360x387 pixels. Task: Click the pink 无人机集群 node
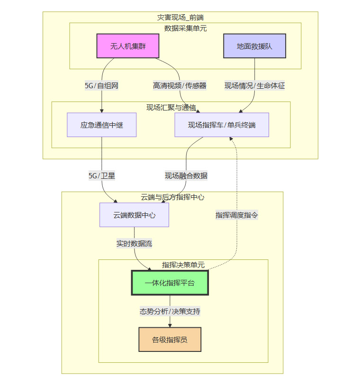pos(127,46)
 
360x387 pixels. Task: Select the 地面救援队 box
pos(254,46)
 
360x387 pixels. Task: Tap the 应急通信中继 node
pos(101,125)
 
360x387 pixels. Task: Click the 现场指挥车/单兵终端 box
pos(222,125)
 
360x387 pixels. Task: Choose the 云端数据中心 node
pos(134,215)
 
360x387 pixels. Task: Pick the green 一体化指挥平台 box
pos(170,283)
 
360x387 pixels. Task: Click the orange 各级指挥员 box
pos(170,340)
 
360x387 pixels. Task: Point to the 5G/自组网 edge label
pos(101,86)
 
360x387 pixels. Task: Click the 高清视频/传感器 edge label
pos(180,86)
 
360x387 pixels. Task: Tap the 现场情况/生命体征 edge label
pos(255,86)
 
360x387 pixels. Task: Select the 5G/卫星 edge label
pos(102,175)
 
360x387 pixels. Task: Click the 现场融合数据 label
pos(186,175)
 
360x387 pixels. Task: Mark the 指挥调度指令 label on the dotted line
pos(237,215)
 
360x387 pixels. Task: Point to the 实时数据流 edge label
pos(135,243)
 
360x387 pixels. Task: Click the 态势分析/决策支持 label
pos(170,312)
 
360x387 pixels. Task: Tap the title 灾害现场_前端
pos(180,17)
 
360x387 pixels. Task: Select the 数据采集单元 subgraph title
pos(185,28)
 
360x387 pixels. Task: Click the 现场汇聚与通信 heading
pos(171,107)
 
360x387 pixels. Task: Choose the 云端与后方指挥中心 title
pos(172,197)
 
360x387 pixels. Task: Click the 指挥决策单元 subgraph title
pos(183,265)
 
